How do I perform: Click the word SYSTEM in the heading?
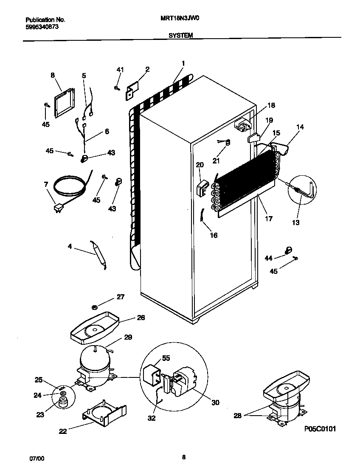pyautogui.click(x=180, y=36)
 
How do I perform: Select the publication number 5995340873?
pyautogui.click(x=42, y=26)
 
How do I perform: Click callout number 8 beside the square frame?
pyautogui.click(x=53, y=75)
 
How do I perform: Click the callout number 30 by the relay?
pyautogui.click(x=215, y=402)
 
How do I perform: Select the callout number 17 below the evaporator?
pyautogui.click(x=269, y=219)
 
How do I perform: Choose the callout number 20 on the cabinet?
pyautogui.click(x=200, y=165)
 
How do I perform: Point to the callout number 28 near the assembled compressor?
pyautogui.click(x=238, y=416)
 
